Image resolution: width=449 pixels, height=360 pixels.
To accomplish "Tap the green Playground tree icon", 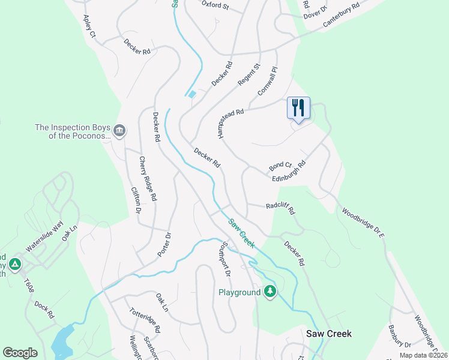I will click(x=270, y=292).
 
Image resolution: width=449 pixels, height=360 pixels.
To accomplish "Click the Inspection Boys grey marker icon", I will click(x=119, y=131).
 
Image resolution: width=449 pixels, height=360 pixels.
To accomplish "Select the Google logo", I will click(x=20, y=353).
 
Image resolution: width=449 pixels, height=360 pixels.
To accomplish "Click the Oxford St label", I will click(x=215, y=5).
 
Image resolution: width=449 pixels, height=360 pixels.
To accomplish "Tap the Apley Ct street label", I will click(x=89, y=26).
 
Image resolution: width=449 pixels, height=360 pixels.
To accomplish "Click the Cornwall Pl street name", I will click(x=268, y=81).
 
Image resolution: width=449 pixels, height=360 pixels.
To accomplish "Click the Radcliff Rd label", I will click(x=281, y=208).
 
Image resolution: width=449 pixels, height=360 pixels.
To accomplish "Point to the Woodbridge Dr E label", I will click(x=363, y=223).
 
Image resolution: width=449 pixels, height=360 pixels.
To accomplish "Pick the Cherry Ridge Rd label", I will click(x=147, y=178).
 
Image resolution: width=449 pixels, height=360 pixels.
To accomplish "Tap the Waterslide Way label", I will click(x=44, y=236).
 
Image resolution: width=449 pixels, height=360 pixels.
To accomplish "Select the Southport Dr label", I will click(x=223, y=259).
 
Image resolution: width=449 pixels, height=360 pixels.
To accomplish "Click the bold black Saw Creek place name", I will click(x=328, y=334).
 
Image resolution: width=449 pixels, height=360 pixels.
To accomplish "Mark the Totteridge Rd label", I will click(x=145, y=320).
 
